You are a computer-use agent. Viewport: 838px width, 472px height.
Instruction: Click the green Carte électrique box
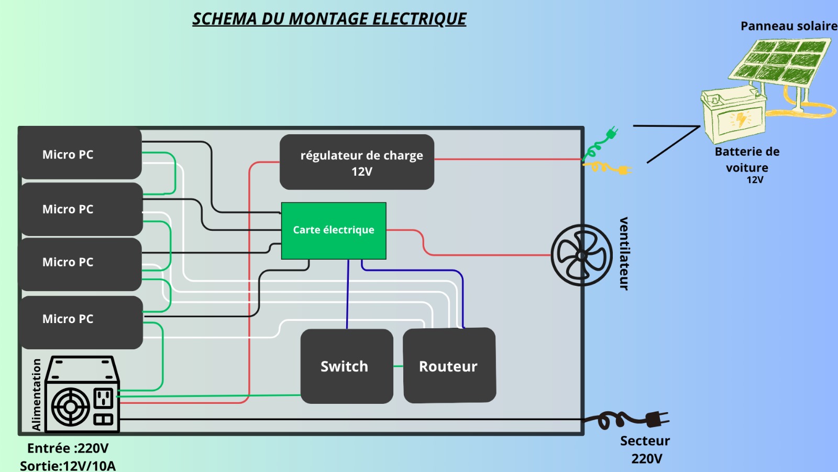(334, 231)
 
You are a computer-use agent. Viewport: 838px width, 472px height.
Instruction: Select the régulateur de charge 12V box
(357, 162)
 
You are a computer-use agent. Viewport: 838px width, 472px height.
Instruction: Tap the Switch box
(346, 366)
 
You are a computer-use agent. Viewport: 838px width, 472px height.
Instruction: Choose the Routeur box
(449, 366)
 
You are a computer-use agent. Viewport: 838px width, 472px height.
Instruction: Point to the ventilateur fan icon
(581, 255)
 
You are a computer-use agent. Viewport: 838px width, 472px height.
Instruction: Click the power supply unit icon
(82, 394)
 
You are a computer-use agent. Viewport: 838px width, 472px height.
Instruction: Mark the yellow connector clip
(610, 168)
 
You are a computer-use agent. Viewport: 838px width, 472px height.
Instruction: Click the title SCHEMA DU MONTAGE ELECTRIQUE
(329, 19)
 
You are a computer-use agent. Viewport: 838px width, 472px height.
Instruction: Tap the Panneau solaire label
(788, 26)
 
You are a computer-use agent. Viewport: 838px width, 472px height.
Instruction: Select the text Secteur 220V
(645, 449)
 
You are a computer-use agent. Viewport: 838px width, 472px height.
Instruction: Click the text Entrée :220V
(68, 448)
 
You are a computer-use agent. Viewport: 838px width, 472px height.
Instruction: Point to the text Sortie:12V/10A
(68, 465)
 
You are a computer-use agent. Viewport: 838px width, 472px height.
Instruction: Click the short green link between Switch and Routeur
(398, 366)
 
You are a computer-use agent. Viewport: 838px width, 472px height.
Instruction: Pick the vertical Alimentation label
(36, 394)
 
